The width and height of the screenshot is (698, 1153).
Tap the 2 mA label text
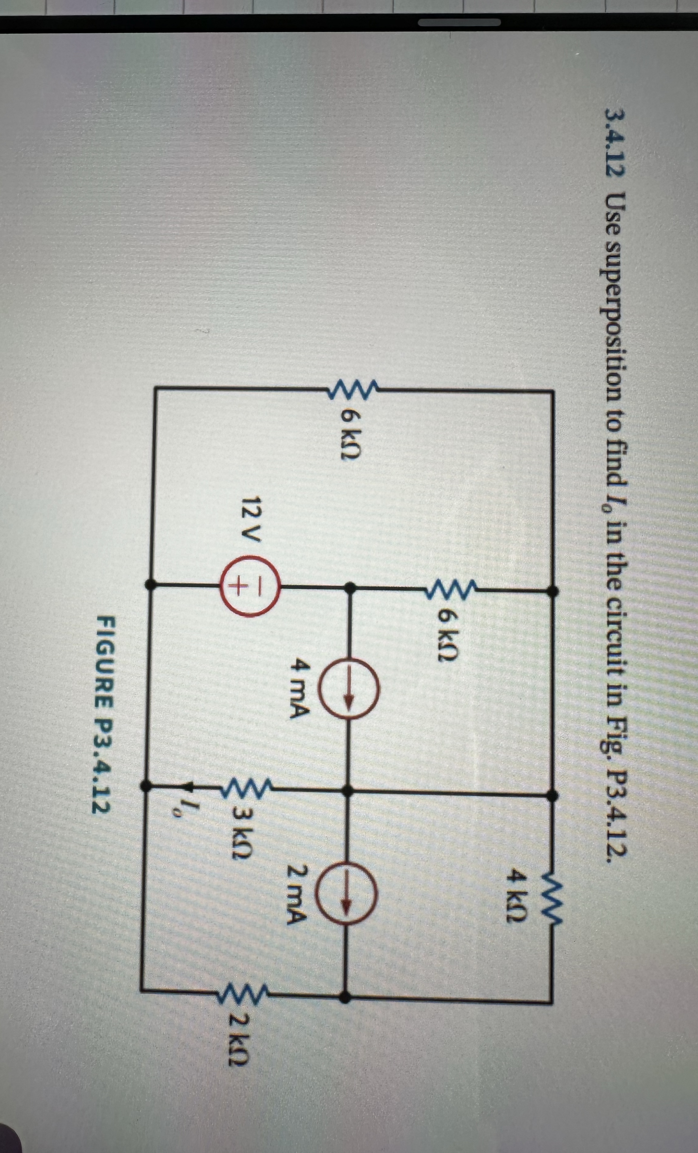(x=300, y=894)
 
